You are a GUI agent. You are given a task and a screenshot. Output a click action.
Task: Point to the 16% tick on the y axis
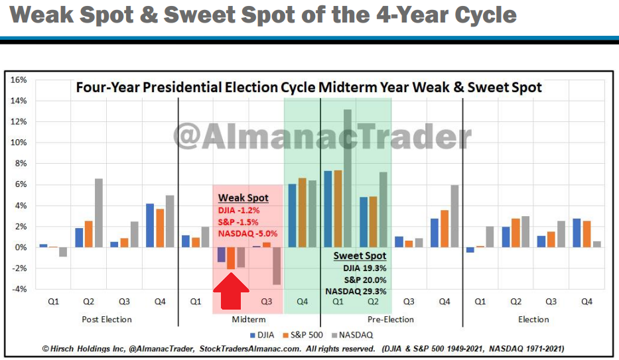[18, 80]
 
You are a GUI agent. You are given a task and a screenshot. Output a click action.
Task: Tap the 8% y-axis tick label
[20, 163]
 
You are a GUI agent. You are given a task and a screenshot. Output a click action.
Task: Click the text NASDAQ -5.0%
[247, 233]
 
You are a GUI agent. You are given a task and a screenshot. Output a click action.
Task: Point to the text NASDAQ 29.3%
[356, 291]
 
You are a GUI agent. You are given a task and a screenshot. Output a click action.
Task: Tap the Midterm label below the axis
[249, 320]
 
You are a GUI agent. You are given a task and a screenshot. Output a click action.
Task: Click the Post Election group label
[107, 320]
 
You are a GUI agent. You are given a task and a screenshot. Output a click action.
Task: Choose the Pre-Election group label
[391, 320]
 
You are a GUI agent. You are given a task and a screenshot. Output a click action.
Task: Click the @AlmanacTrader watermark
[322, 135]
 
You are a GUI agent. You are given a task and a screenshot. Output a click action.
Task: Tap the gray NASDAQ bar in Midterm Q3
[275, 266]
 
